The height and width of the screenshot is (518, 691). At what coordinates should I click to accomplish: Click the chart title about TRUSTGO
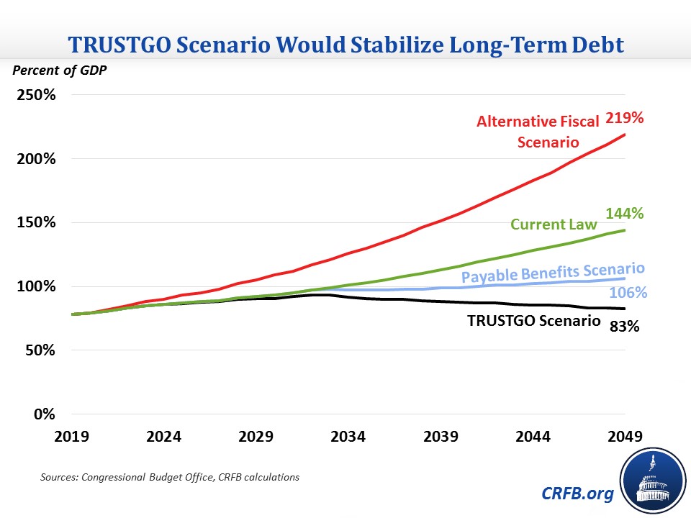(x=345, y=45)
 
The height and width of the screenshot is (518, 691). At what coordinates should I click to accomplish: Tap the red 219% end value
(x=623, y=117)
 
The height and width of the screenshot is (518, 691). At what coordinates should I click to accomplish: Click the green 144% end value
(x=623, y=214)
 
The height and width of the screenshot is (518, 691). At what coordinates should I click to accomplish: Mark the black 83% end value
(x=625, y=326)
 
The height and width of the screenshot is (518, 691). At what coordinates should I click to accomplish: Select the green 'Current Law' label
(x=554, y=224)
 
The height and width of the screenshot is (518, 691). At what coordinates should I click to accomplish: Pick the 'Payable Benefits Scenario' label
(x=552, y=273)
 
